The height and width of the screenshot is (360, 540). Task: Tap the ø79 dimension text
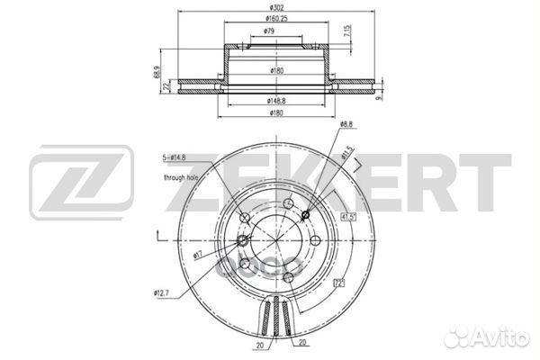tap(269, 31)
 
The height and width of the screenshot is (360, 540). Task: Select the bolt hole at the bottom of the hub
tap(286, 276)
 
